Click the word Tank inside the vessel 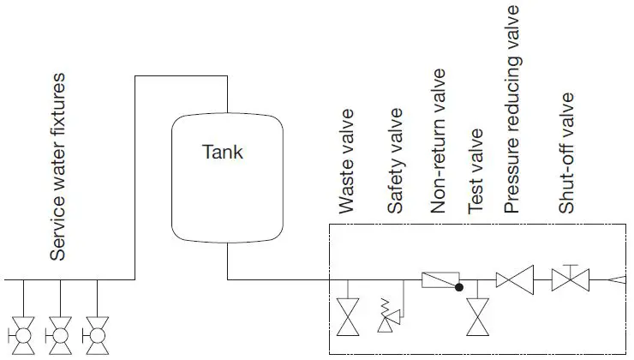click(222, 153)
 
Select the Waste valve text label click(346, 172)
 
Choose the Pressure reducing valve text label click(512, 109)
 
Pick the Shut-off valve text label click(565, 153)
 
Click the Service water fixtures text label click(58, 167)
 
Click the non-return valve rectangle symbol click(440, 279)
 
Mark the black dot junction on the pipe click(459, 287)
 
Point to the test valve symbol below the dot click(476, 318)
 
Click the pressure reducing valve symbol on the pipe click(515, 280)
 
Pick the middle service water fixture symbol click(59, 332)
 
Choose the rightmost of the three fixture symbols click(97, 332)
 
